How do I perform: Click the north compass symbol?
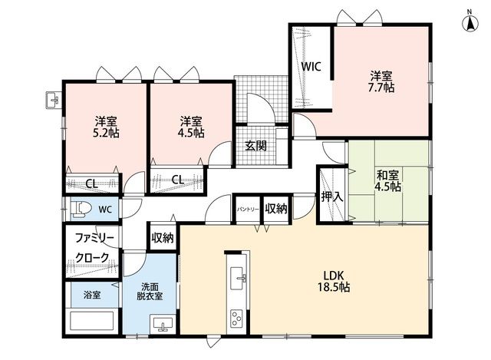pos(470,23)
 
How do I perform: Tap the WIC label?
pos(311,67)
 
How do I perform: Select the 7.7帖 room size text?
pos(381,88)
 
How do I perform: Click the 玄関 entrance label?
pos(255,146)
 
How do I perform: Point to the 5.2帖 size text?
pos(106,133)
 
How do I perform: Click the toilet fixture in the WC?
pos(81,209)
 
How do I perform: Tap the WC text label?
pos(105,210)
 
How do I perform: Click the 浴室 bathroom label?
pos(92,295)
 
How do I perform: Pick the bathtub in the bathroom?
pos(92,321)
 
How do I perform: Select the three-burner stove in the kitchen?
pos(237,319)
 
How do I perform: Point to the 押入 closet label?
pos(332,197)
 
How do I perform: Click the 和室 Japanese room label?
pos(387,175)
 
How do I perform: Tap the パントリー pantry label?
pos(248,210)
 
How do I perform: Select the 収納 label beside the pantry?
pos(276,208)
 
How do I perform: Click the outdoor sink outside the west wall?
pos(53,101)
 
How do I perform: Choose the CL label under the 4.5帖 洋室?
pos(177,180)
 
